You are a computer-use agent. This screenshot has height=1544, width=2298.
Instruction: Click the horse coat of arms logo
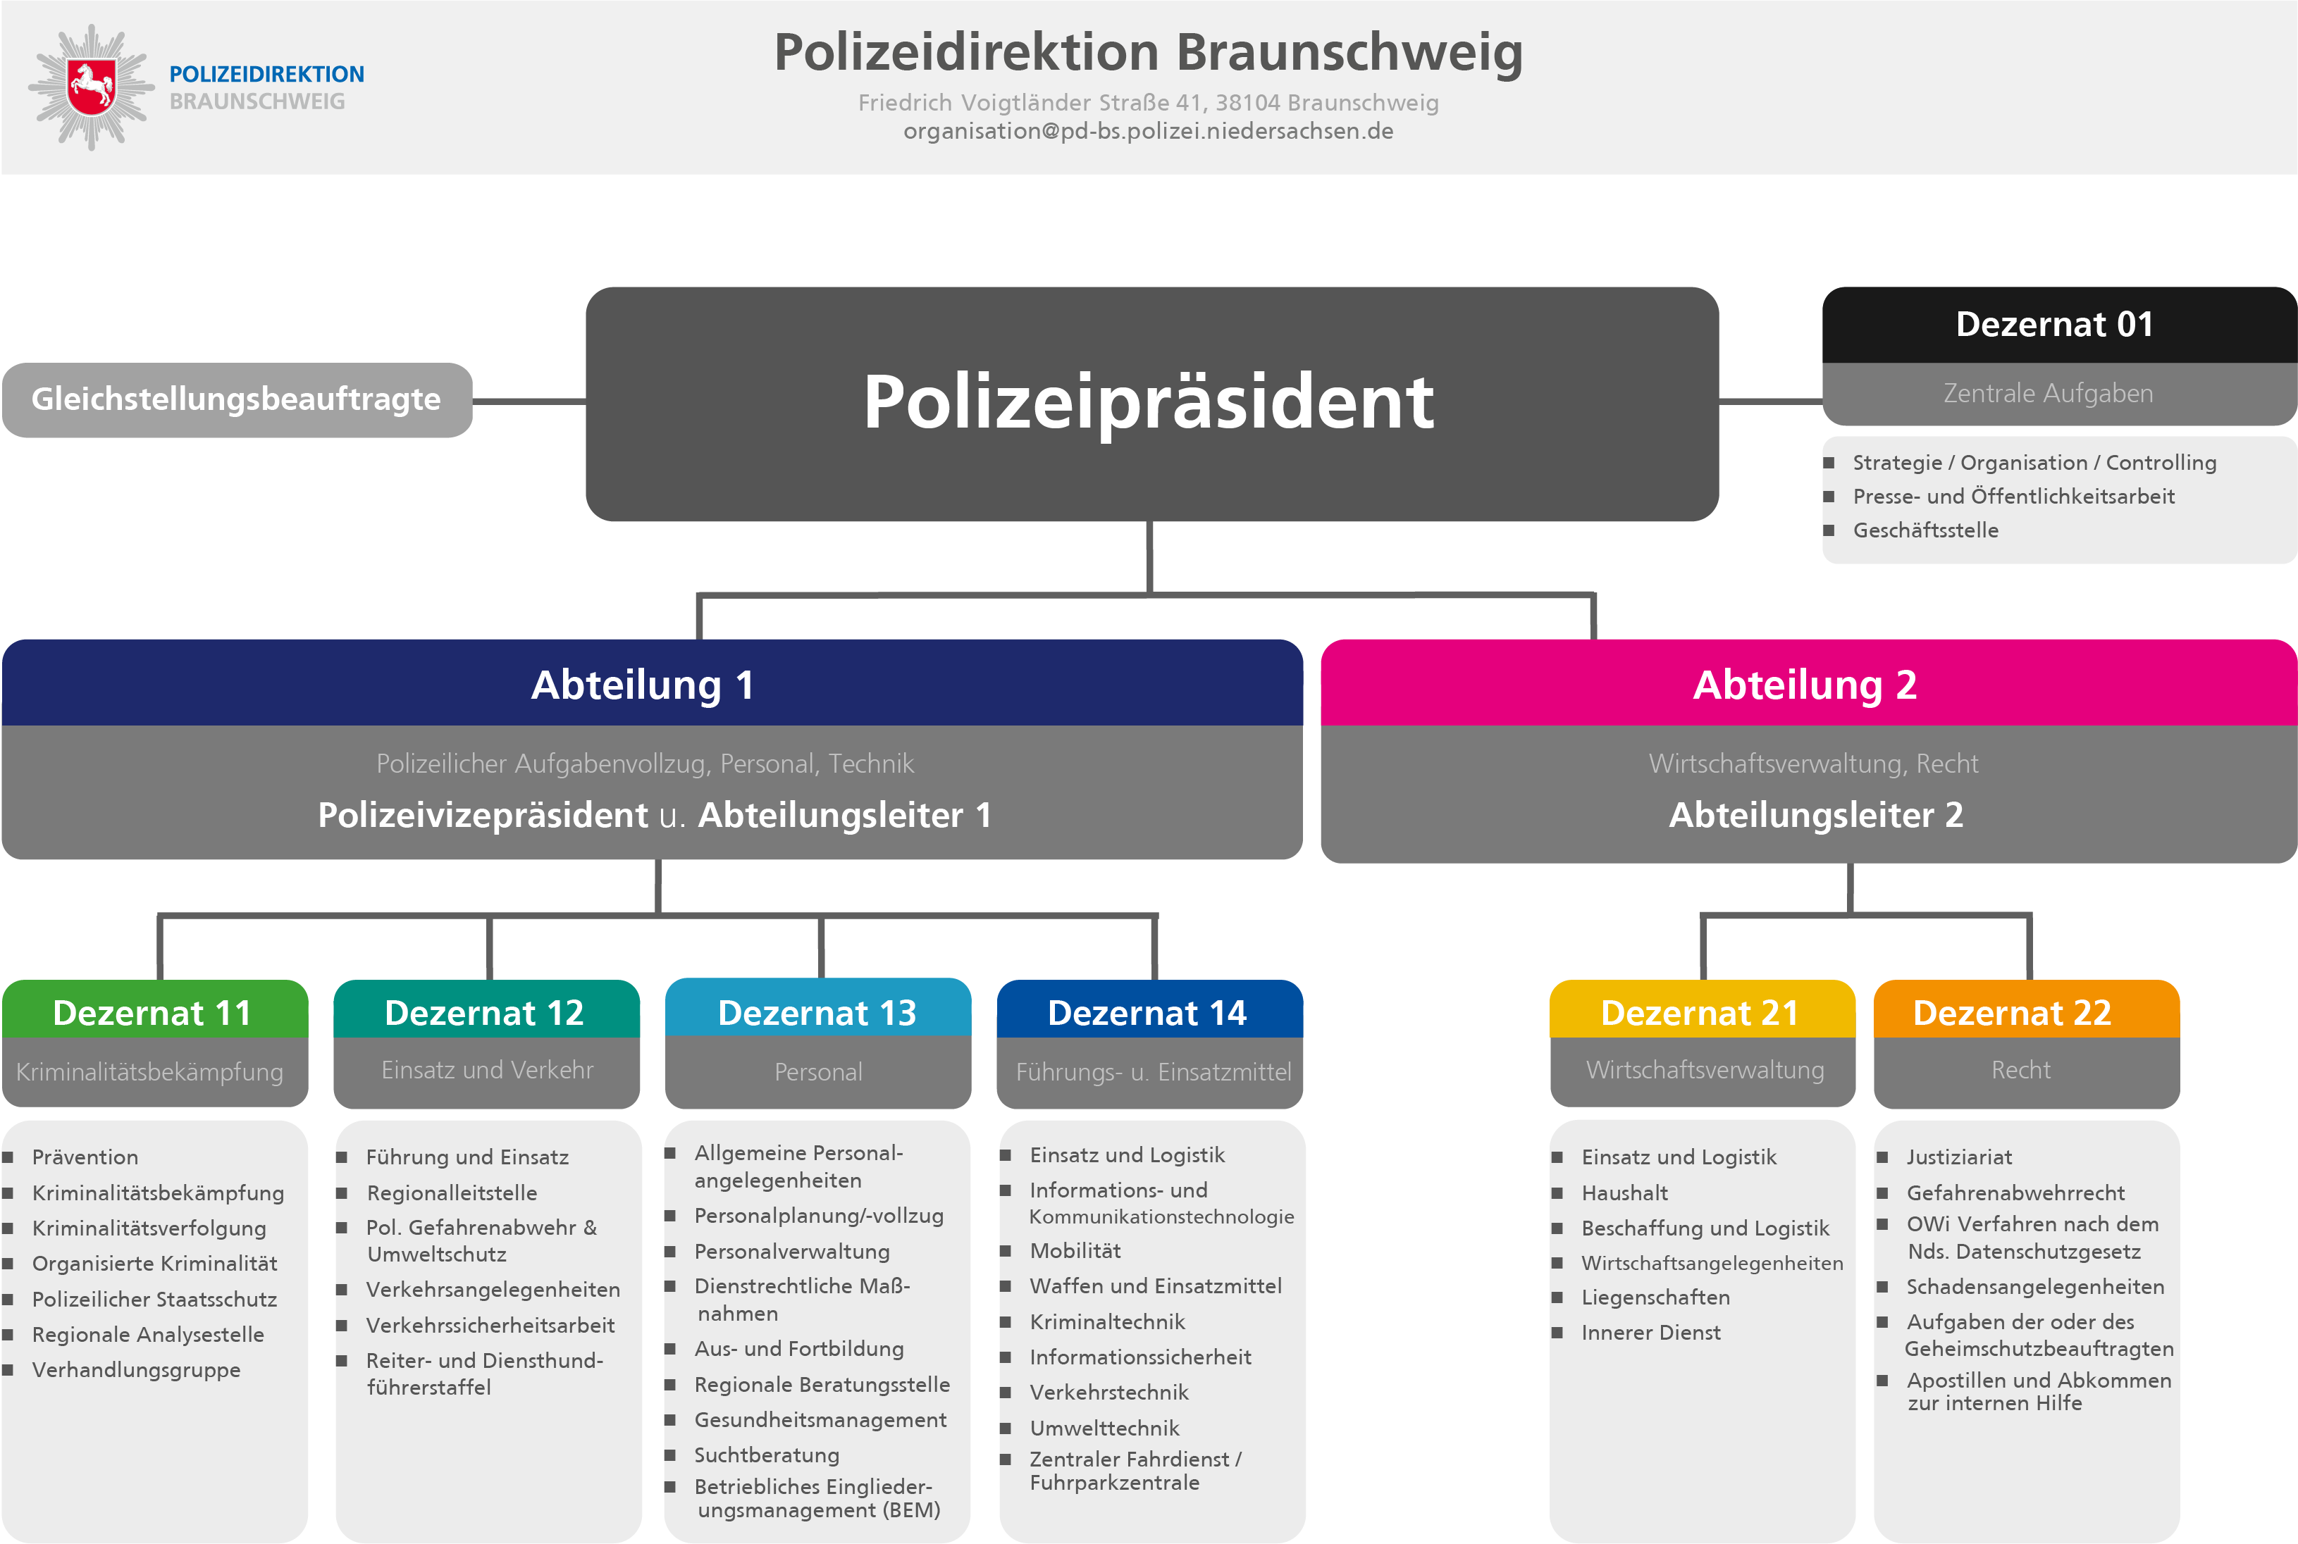tap(92, 87)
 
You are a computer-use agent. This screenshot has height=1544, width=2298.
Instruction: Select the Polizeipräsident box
tap(1151, 403)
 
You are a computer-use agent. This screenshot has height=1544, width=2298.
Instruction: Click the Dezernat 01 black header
tap(2057, 325)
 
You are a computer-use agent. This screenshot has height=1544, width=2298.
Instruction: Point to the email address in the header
tap(1147, 131)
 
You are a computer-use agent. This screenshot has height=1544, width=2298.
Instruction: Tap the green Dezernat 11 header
tap(154, 1011)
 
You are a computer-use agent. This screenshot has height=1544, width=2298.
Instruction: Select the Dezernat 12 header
tap(486, 1011)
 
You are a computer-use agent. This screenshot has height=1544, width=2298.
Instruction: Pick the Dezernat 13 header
tap(817, 1011)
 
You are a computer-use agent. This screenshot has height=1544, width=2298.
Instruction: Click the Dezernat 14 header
tap(1149, 1011)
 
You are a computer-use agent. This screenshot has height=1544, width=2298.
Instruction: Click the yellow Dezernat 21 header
tap(1701, 1011)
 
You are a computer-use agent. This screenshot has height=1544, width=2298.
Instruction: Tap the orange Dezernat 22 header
tap(2013, 1011)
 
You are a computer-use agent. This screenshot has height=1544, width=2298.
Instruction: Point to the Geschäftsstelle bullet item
tap(1926, 530)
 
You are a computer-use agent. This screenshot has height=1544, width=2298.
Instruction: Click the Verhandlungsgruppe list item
tap(136, 1370)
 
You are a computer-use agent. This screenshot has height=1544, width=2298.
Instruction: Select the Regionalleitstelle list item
tap(452, 1193)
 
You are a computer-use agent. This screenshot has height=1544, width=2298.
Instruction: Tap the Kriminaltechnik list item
tap(1107, 1321)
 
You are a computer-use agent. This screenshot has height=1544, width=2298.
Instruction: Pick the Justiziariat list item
tap(1958, 1157)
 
